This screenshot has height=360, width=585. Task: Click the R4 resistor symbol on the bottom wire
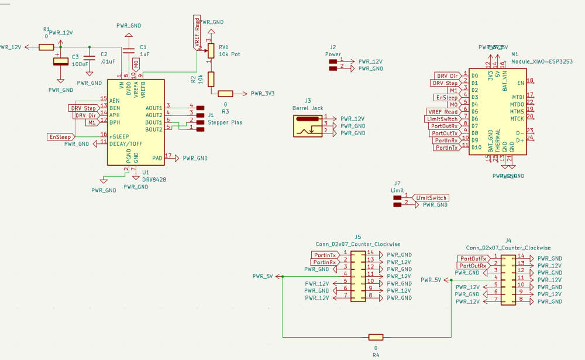coord(376,337)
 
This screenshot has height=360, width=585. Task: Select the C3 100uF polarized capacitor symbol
coord(59,61)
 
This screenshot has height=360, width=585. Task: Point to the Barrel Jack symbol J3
coord(307,126)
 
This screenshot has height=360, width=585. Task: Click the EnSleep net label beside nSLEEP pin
coord(60,136)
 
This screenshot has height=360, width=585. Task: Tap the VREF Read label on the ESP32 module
coord(443,112)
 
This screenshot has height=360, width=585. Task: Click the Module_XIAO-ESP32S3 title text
coord(541,61)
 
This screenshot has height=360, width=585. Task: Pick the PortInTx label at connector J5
coord(325,255)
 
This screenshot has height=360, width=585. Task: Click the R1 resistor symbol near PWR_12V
coord(47,47)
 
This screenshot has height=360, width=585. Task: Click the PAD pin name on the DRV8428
coord(157,158)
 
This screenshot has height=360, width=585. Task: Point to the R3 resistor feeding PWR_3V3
coord(225,94)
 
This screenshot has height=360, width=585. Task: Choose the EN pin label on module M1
coord(521,83)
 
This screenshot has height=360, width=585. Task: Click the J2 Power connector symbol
coord(333,64)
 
